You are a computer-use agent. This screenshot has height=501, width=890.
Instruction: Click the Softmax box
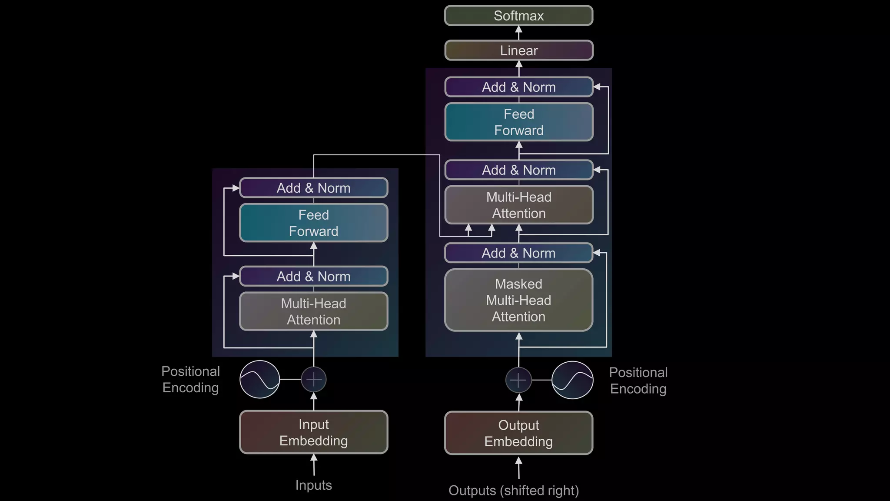point(518,16)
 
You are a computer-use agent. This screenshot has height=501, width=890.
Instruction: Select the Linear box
point(518,50)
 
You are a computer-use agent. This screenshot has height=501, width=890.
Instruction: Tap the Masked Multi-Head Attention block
point(518,300)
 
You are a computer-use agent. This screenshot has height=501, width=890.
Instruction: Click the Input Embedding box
point(313,432)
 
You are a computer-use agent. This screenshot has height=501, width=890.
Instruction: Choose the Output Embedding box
point(518,433)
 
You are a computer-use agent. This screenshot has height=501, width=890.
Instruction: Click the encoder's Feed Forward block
point(313,223)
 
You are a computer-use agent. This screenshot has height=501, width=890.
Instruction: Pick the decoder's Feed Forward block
point(518,122)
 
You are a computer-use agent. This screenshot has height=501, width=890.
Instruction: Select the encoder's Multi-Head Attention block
point(313,311)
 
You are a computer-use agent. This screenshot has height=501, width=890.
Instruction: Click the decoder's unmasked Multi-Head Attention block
point(518,205)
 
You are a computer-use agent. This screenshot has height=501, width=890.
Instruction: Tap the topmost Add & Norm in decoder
point(518,87)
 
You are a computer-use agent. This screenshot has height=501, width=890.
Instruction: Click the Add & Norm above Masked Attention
point(518,253)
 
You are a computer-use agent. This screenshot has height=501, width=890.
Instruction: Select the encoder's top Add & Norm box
point(313,188)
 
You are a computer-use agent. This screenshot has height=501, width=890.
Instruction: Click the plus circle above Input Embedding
point(314,379)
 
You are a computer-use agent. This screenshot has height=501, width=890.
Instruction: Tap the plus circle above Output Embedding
point(518,380)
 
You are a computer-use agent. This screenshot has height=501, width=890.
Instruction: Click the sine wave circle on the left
point(260,379)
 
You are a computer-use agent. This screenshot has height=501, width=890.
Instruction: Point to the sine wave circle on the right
point(572,380)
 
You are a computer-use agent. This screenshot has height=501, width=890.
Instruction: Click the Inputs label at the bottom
point(313,485)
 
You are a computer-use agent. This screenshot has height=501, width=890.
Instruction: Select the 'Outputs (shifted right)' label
point(514,491)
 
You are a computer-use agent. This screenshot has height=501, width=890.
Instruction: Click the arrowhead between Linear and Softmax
point(518,30)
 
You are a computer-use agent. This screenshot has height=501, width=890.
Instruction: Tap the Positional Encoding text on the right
point(638,381)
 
